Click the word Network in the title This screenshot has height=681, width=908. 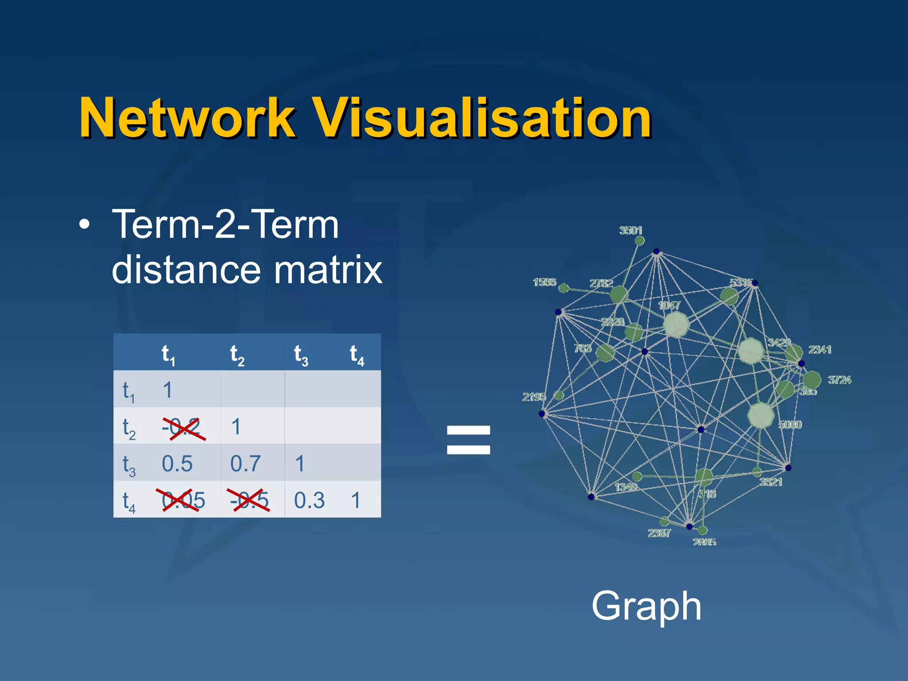pyautogui.click(x=186, y=118)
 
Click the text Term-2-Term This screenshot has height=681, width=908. pyautogui.click(x=225, y=224)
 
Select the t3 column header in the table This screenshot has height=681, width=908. pyautogui.click(x=301, y=355)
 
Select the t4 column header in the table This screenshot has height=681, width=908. pyautogui.click(x=356, y=355)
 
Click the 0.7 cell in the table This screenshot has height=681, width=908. pyautogui.click(x=245, y=464)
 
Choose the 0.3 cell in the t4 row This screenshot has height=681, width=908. pyautogui.click(x=309, y=501)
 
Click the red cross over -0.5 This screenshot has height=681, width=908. pyautogui.click(x=248, y=500)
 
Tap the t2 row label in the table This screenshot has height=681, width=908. pyautogui.click(x=129, y=428)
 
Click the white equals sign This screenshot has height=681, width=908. pyautogui.click(x=469, y=440)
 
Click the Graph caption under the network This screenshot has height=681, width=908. pyautogui.click(x=646, y=606)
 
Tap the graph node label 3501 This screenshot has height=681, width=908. pyautogui.click(x=630, y=230)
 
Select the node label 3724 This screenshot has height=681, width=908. pyautogui.click(x=839, y=380)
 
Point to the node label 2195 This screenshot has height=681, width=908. pyautogui.click(x=533, y=397)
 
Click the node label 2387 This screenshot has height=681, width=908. pyautogui.click(x=659, y=533)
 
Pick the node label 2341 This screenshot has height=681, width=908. pyautogui.click(x=819, y=350)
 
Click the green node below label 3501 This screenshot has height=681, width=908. pyautogui.click(x=640, y=241)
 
